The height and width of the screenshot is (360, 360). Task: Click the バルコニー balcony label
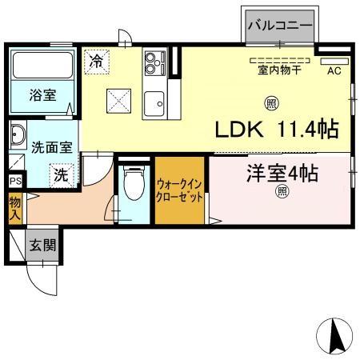pos(279,26)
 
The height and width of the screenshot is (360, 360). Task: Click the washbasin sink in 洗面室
pos(18,138)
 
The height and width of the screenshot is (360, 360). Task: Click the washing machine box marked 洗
pos(61,173)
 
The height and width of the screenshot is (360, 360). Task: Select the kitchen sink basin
pos(153,102)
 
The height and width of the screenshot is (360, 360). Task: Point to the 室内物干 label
pos(278,70)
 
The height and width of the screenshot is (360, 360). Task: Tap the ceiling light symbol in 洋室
pos(282,191)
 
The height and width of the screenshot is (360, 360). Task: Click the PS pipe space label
pos(14,181)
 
